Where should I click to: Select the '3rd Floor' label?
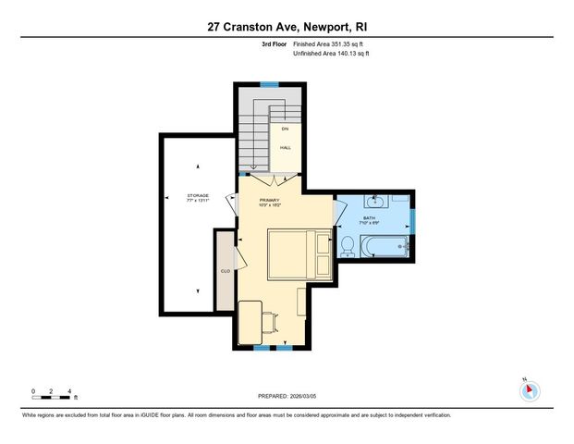[274, 44]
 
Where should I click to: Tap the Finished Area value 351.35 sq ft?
[329, 44]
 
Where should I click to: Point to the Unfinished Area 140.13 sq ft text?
[332, 54]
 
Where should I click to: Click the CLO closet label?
[225, 271]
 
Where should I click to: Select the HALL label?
[286, 147]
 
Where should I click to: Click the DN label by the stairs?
[286, 129]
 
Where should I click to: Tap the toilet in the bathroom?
[348, 246]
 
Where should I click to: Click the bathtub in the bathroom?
[385, 246]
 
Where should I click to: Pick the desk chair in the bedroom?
[268, 322]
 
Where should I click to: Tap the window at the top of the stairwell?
[269, 84]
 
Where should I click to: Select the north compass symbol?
[528, 390]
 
